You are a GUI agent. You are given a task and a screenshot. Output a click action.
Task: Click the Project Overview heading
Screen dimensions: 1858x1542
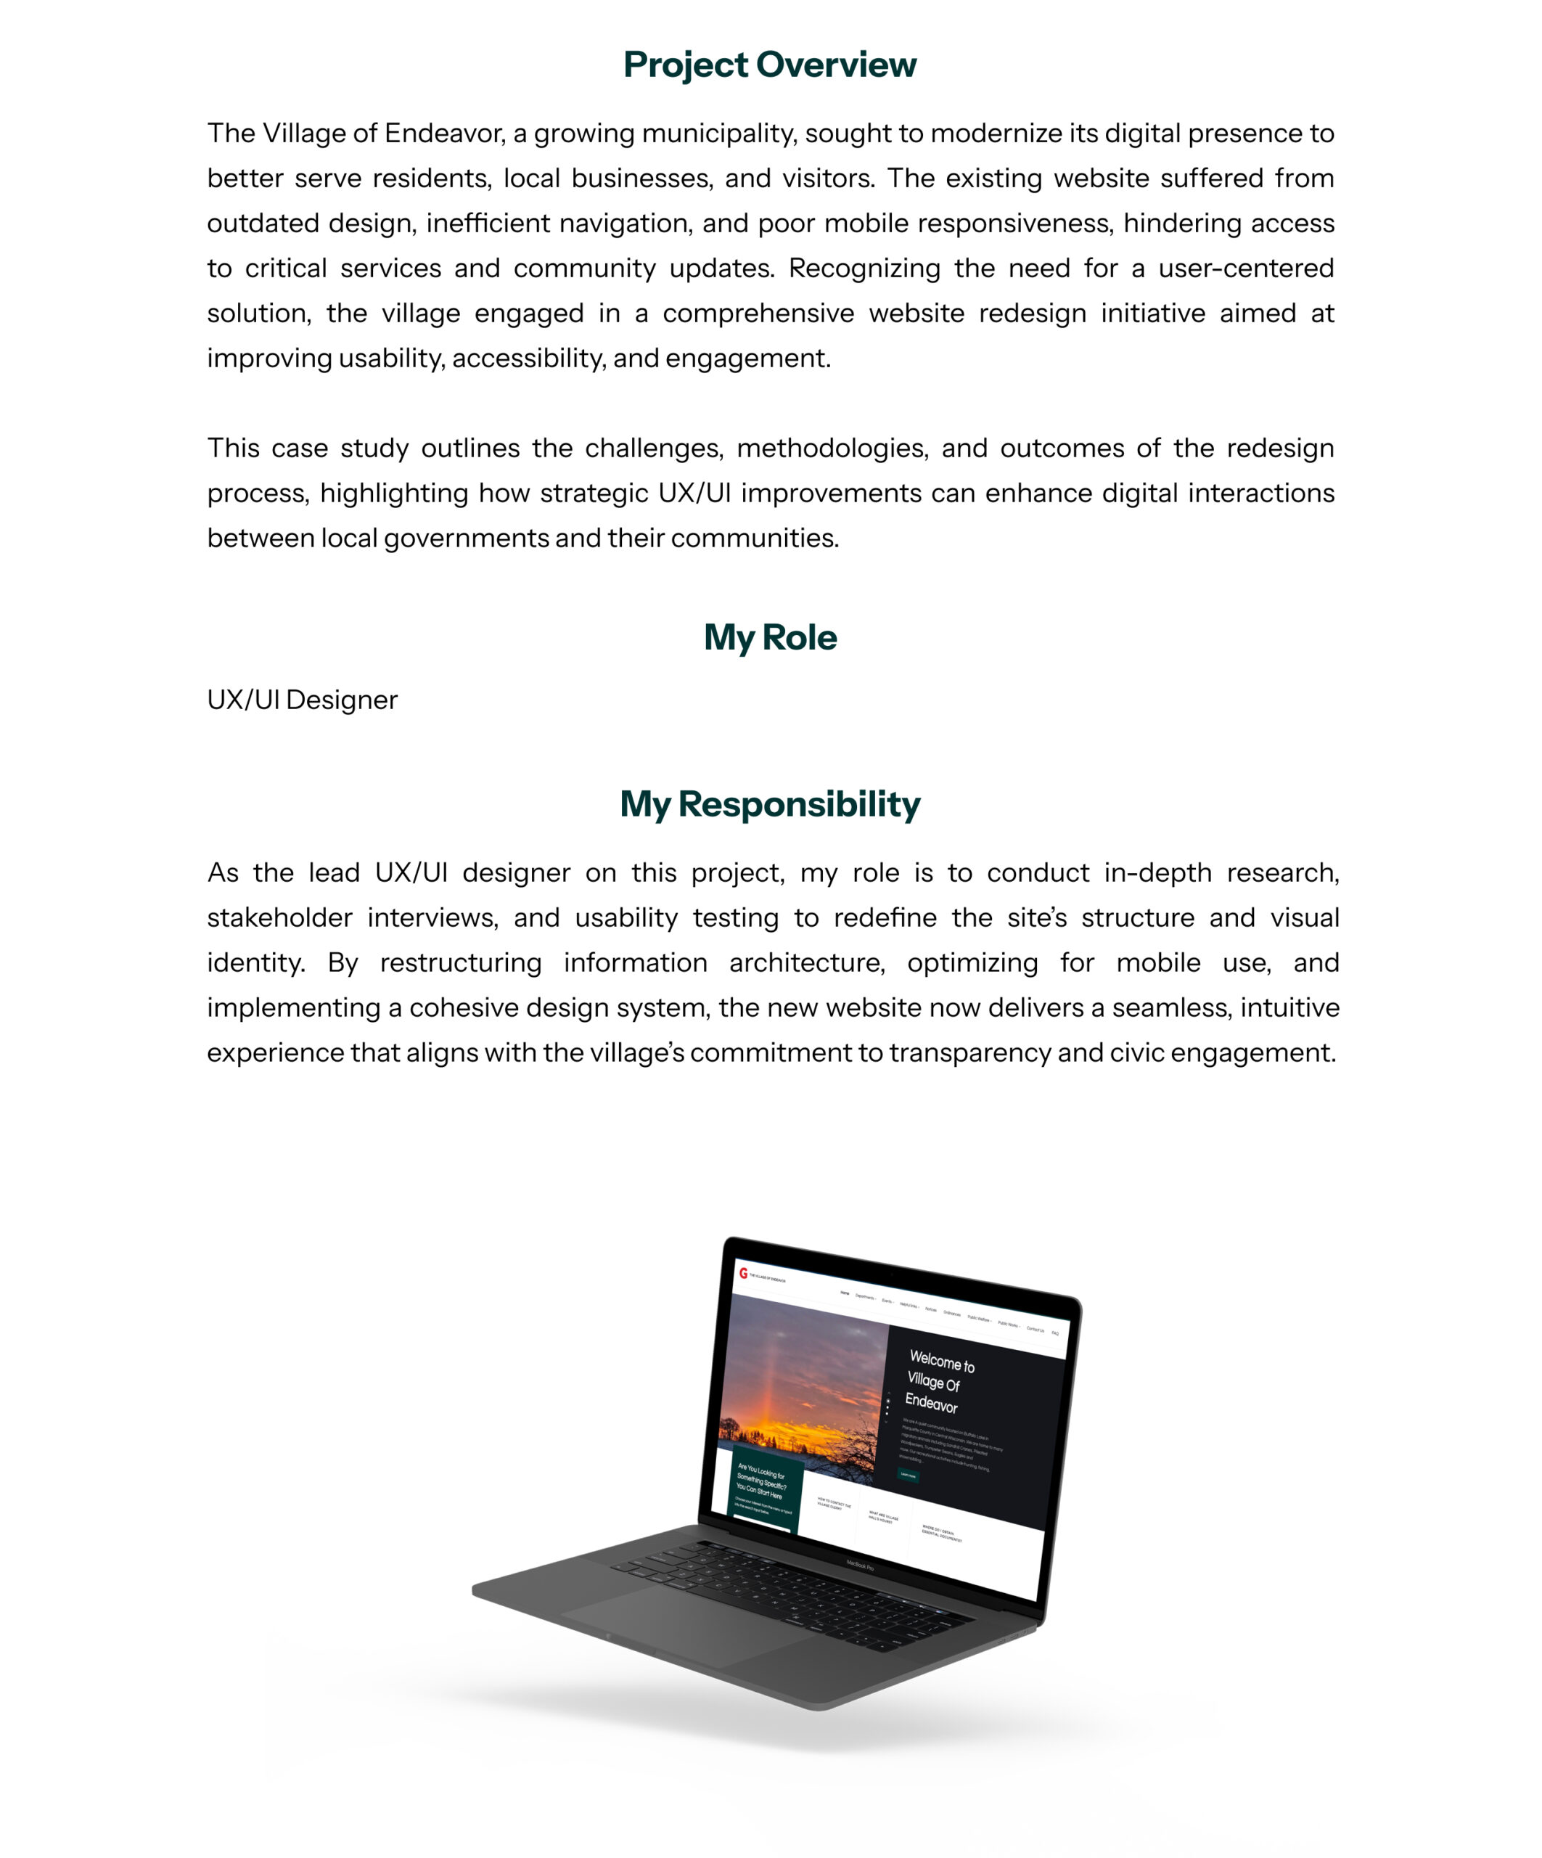click(770, 65)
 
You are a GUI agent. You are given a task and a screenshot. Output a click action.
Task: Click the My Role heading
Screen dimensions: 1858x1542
click(770, 637)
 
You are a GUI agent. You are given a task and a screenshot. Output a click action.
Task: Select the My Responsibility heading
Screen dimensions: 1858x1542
click(770, 803)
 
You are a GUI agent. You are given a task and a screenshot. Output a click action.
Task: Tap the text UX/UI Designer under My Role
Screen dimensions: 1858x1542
click(303, 700)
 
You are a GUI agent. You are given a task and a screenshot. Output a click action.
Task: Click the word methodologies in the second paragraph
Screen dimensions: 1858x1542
click(832, 449)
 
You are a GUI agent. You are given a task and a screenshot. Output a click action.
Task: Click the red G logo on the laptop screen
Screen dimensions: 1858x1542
click(743, 1273)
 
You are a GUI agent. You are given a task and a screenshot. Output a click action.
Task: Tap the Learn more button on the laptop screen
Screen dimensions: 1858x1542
click(908, 1475)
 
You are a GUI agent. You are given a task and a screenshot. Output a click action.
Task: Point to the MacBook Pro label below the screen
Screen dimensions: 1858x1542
click(860, 1566)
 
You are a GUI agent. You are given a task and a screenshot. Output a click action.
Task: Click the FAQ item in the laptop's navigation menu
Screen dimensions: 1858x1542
click(1054, 1333)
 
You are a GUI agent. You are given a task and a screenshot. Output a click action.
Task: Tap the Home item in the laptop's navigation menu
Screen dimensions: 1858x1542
click(844, 1293)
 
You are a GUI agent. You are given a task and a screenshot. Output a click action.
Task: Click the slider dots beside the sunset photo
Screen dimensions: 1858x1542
click(887, 1406)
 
